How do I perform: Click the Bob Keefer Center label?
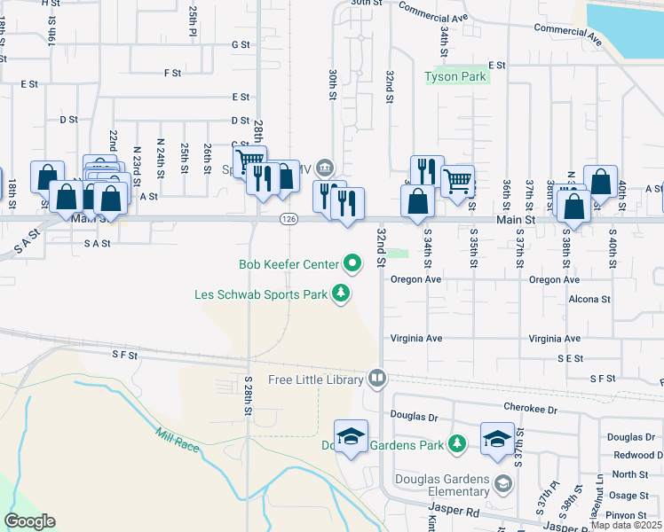(289, 264)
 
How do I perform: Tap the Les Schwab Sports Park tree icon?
(340, 293)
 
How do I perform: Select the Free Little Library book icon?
(377, 379)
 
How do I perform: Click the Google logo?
(29, 521)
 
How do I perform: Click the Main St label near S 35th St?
(516, 219)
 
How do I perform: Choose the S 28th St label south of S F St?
(249, 396)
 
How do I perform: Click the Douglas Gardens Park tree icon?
(456, 443)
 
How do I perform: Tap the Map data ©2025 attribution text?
(627, 525)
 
